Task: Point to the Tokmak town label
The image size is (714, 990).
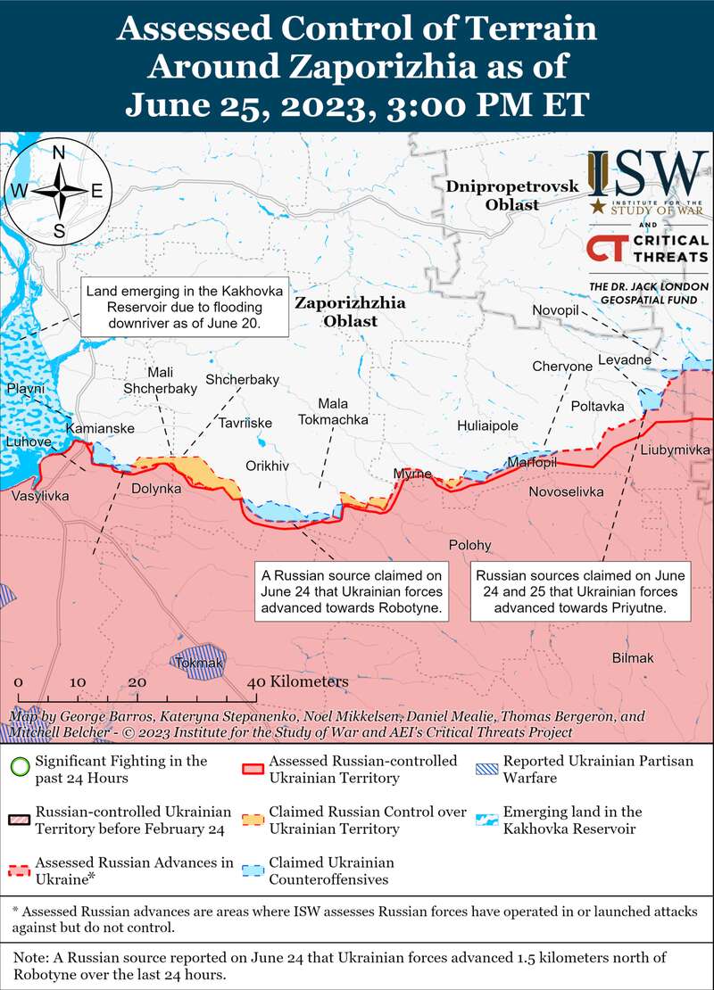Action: (x=200, y=663)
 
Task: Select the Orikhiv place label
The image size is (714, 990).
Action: (x=268, y=466)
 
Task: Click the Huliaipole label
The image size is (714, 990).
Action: (x=487, y=427)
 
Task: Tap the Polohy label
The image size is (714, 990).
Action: (x=469, y=545)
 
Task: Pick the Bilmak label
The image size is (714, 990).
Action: (x=633, y=658)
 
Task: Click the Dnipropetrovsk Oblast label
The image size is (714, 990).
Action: (x=512, y=195)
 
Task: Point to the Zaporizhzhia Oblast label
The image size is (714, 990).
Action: (x=337, y=312)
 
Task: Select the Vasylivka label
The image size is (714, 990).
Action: (x=40, y=496)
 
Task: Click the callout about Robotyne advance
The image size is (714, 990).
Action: (x=352, y=590)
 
